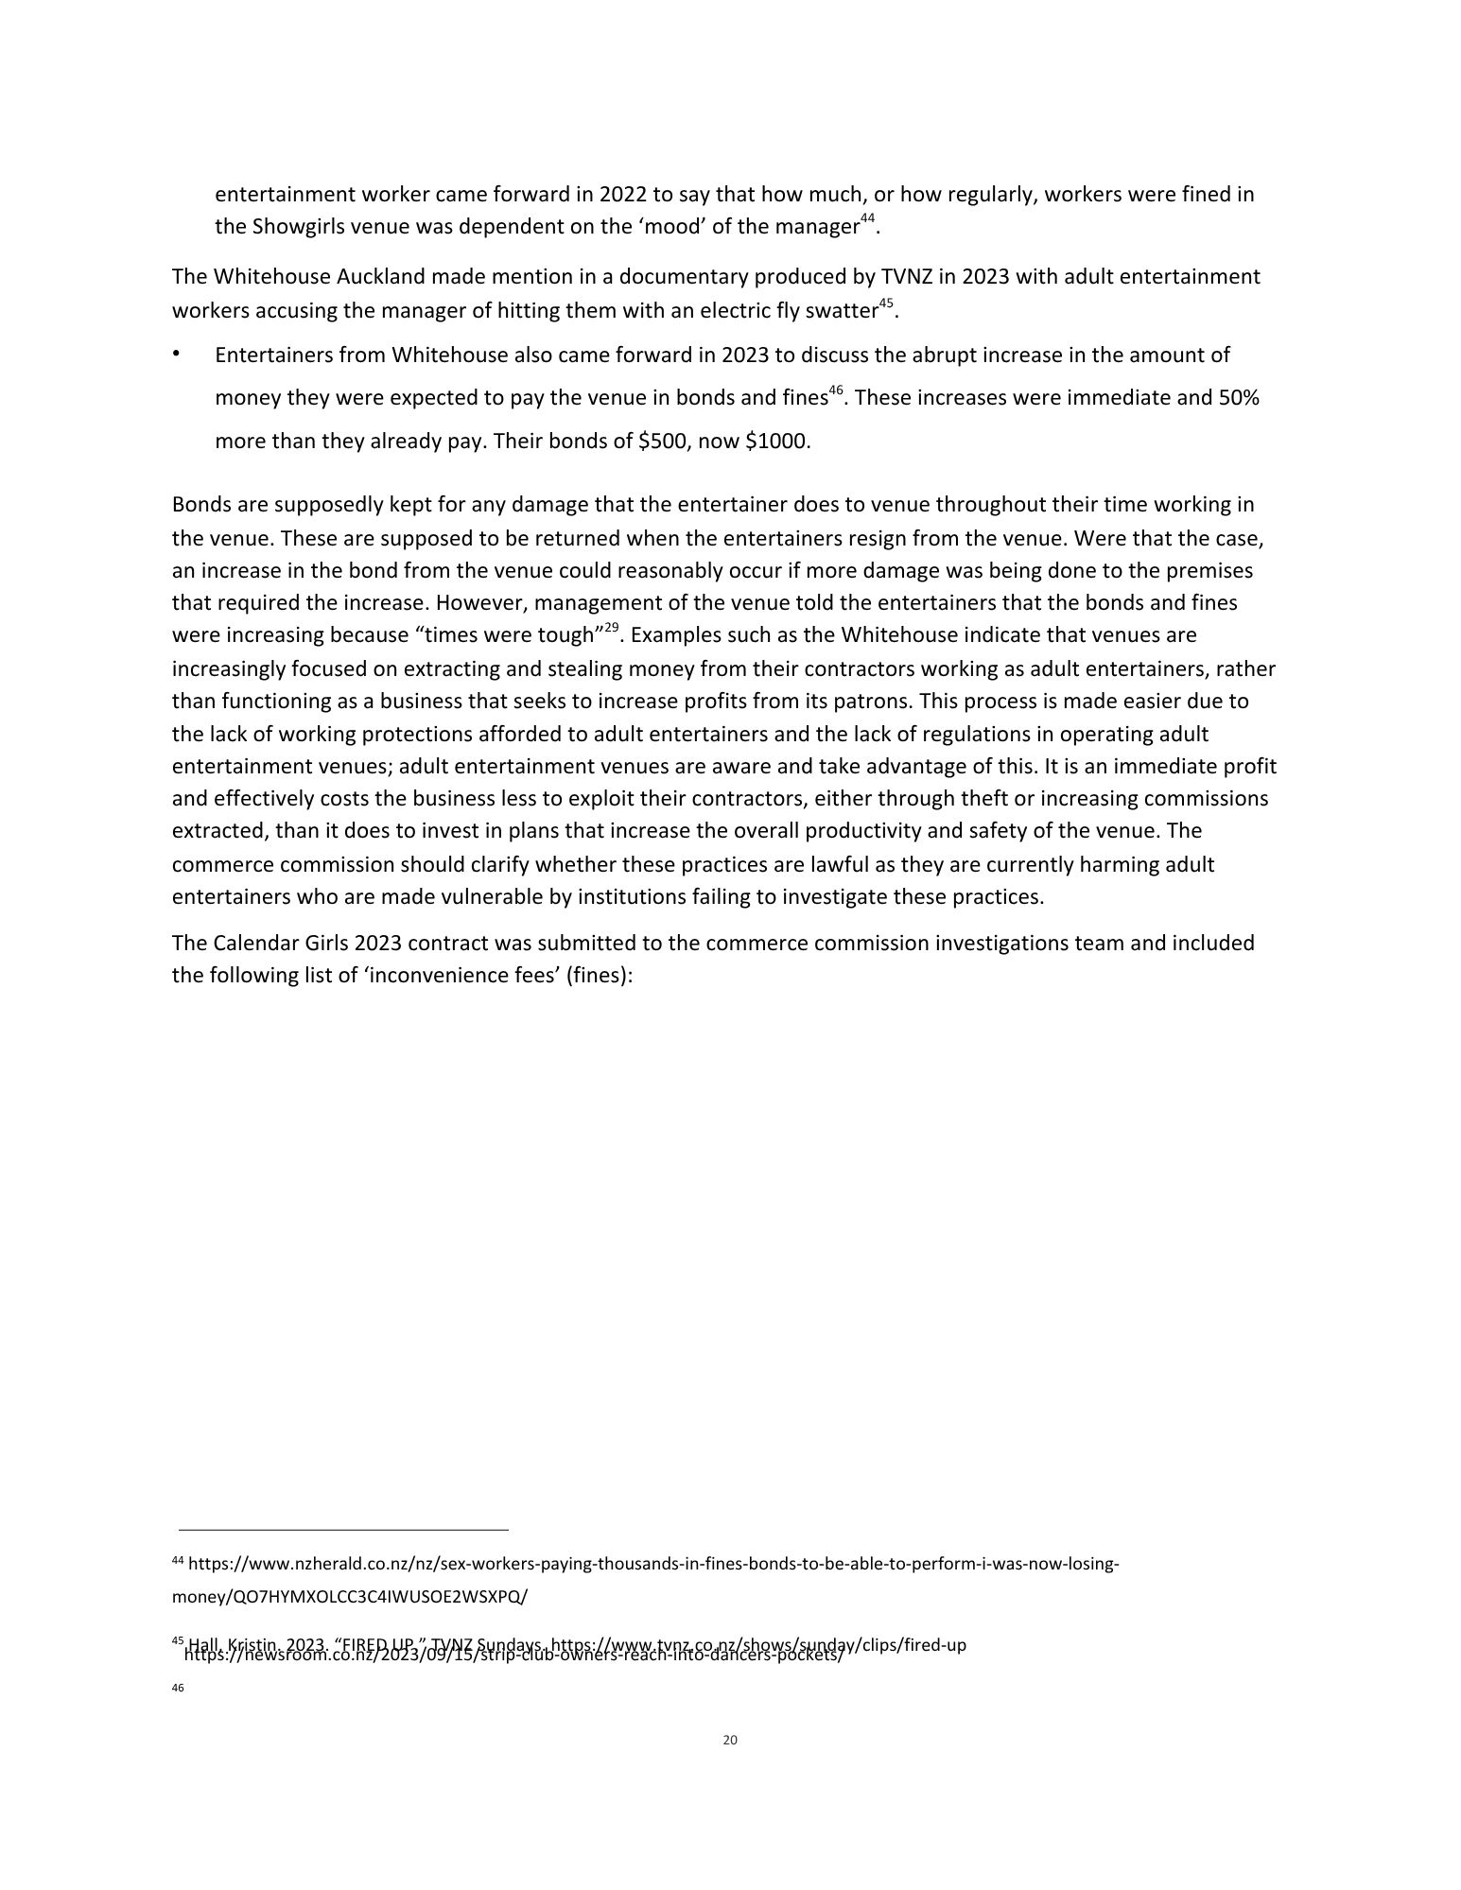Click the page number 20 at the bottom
[729, 1740]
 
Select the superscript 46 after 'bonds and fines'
[836, 391]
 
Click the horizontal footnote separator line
[343, 1529]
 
